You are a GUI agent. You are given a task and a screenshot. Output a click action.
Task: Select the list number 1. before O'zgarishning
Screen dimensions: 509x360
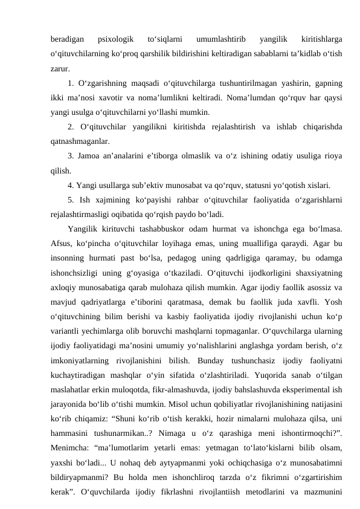71,82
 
